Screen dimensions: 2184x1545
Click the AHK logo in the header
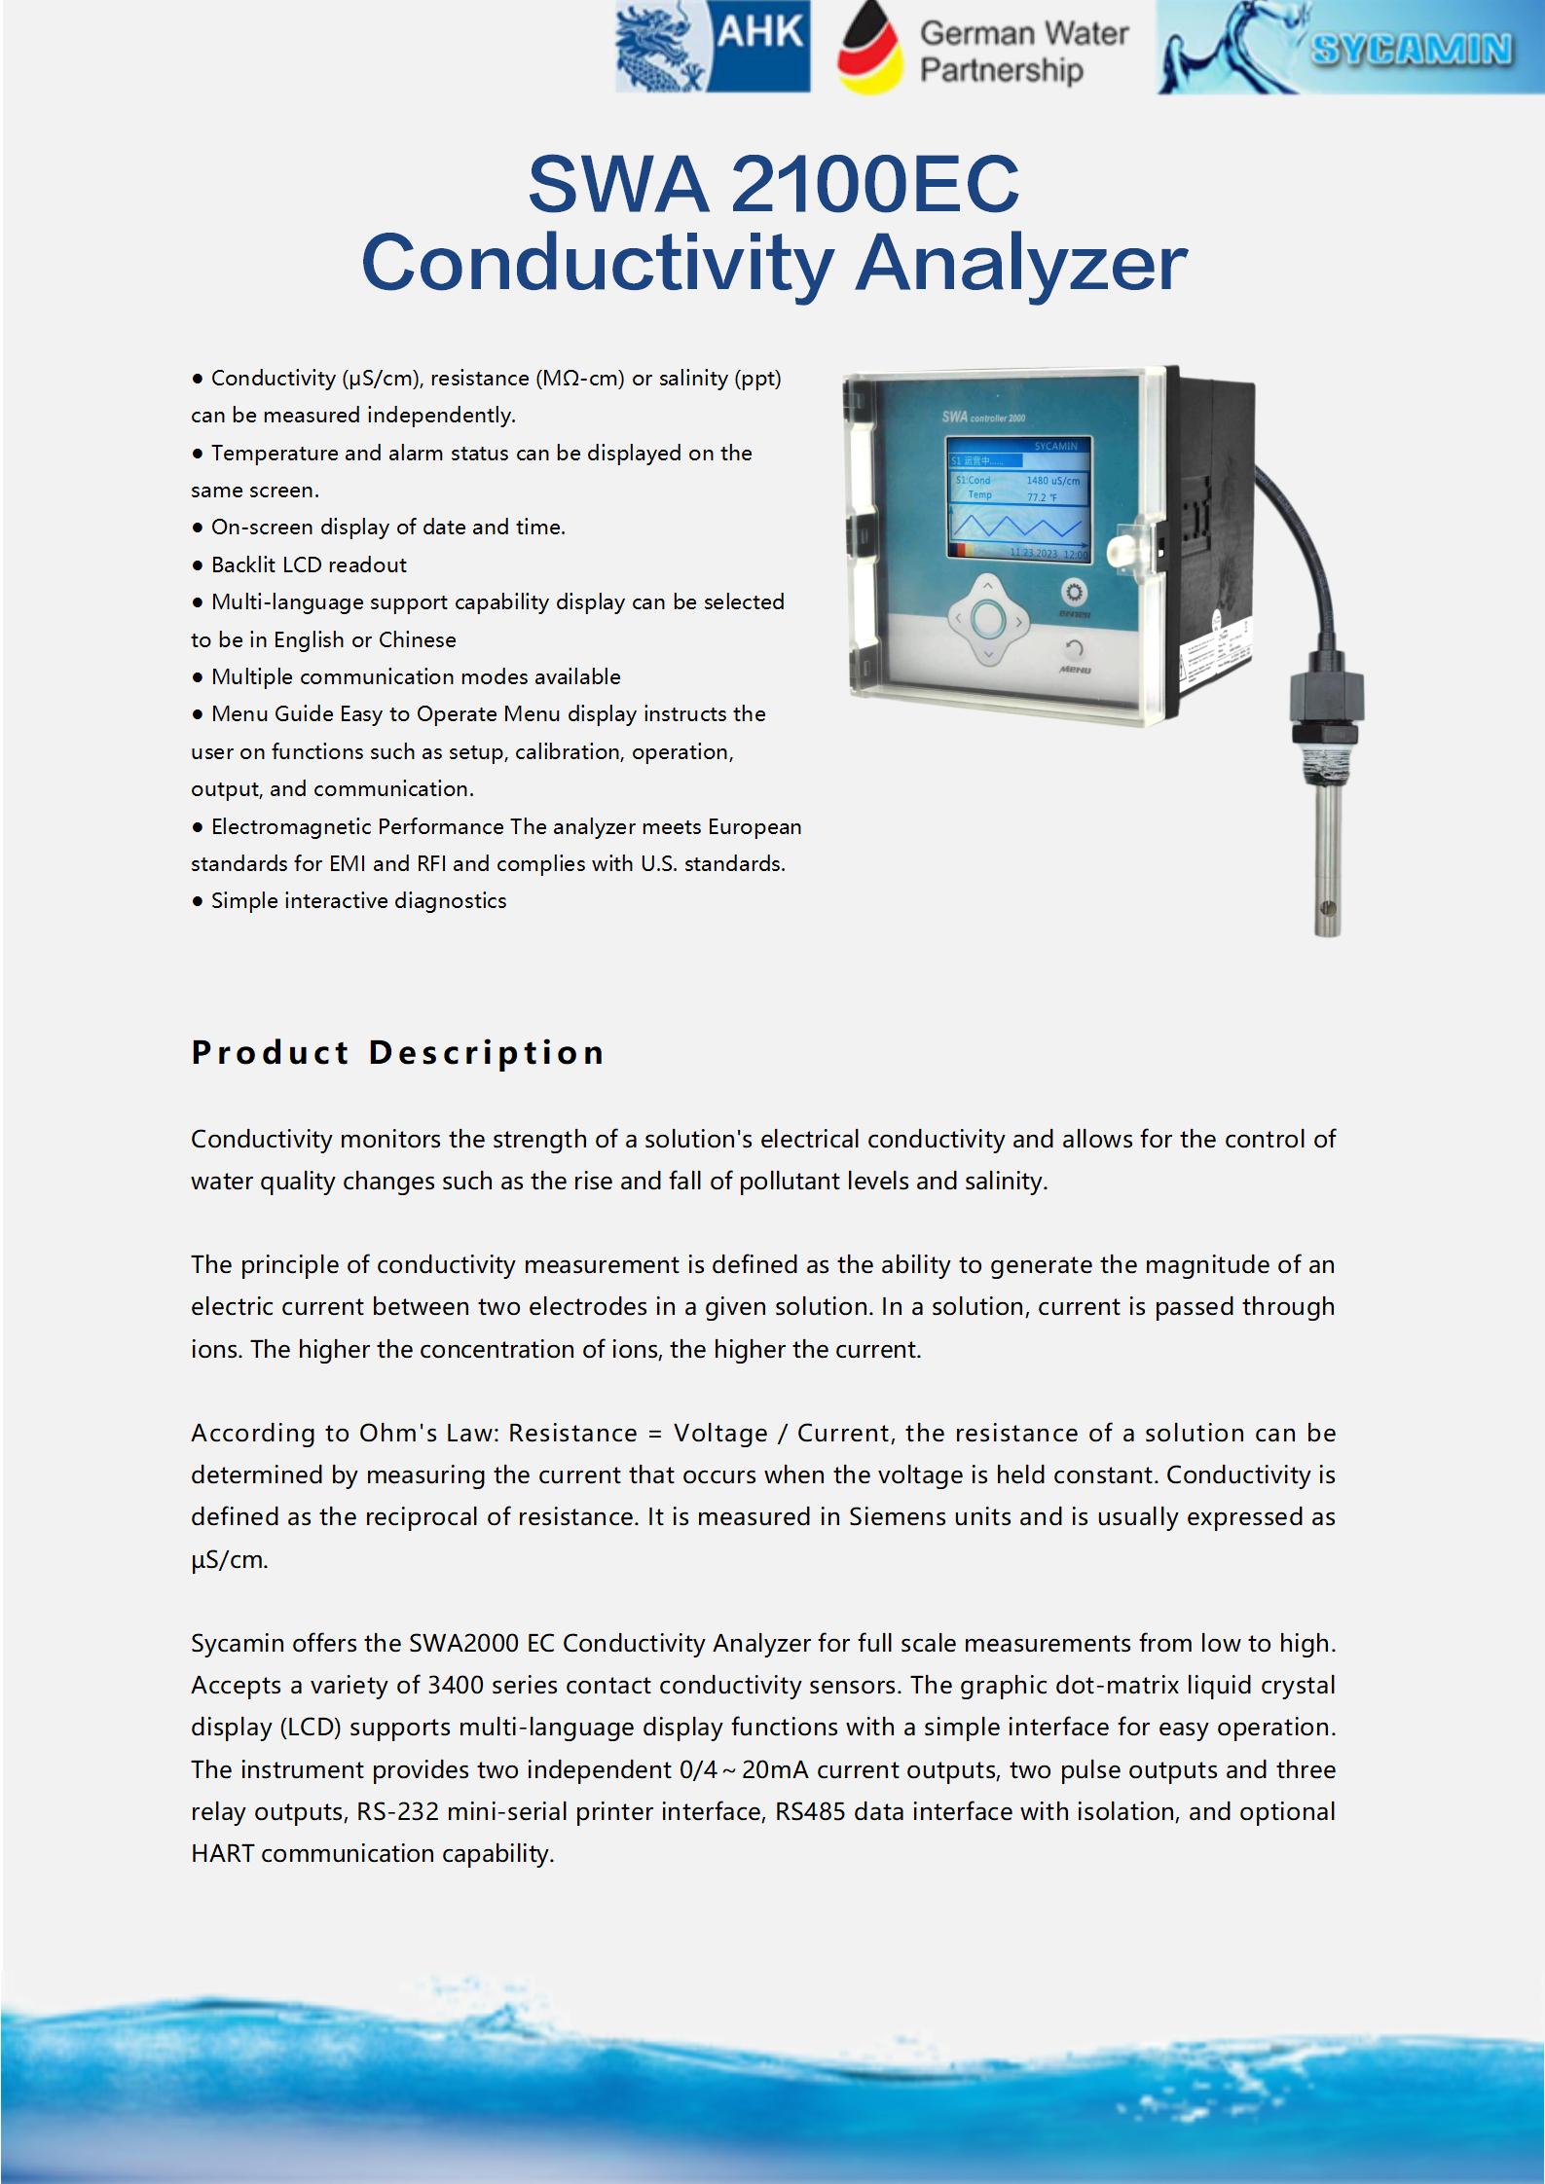point(713,47)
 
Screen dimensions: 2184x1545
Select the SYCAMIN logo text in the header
point(1412,49)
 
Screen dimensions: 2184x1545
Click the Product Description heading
point(398,1052)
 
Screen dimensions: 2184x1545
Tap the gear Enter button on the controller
point(1075,593)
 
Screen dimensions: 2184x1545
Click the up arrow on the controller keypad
point(987,585)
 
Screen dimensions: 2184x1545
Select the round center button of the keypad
point(988,618)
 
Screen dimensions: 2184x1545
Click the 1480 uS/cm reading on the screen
point(1052,481)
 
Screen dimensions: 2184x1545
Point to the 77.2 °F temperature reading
point(1042,497)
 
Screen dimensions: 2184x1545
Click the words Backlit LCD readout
point(309,564)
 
